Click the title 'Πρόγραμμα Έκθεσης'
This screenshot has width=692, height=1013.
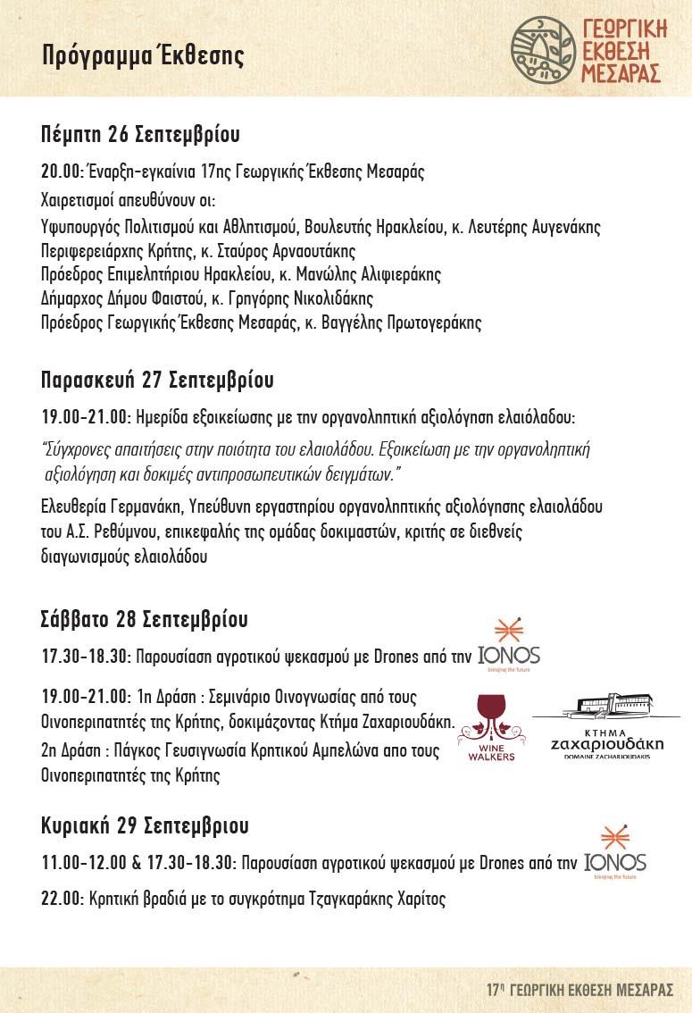tap(143, 56)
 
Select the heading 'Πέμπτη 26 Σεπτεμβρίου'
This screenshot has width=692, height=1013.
tap(140, 135)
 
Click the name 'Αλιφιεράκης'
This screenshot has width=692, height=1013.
tap(390, 274)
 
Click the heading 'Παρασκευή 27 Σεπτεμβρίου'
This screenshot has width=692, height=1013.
tap(157, 380)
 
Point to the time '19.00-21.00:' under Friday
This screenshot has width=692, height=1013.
tap(87, 416)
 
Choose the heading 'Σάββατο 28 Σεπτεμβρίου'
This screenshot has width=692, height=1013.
tap(144, 619)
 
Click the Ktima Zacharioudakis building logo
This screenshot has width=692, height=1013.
tap(611, 725)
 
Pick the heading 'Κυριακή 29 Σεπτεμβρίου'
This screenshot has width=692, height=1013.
tap(145, 825)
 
